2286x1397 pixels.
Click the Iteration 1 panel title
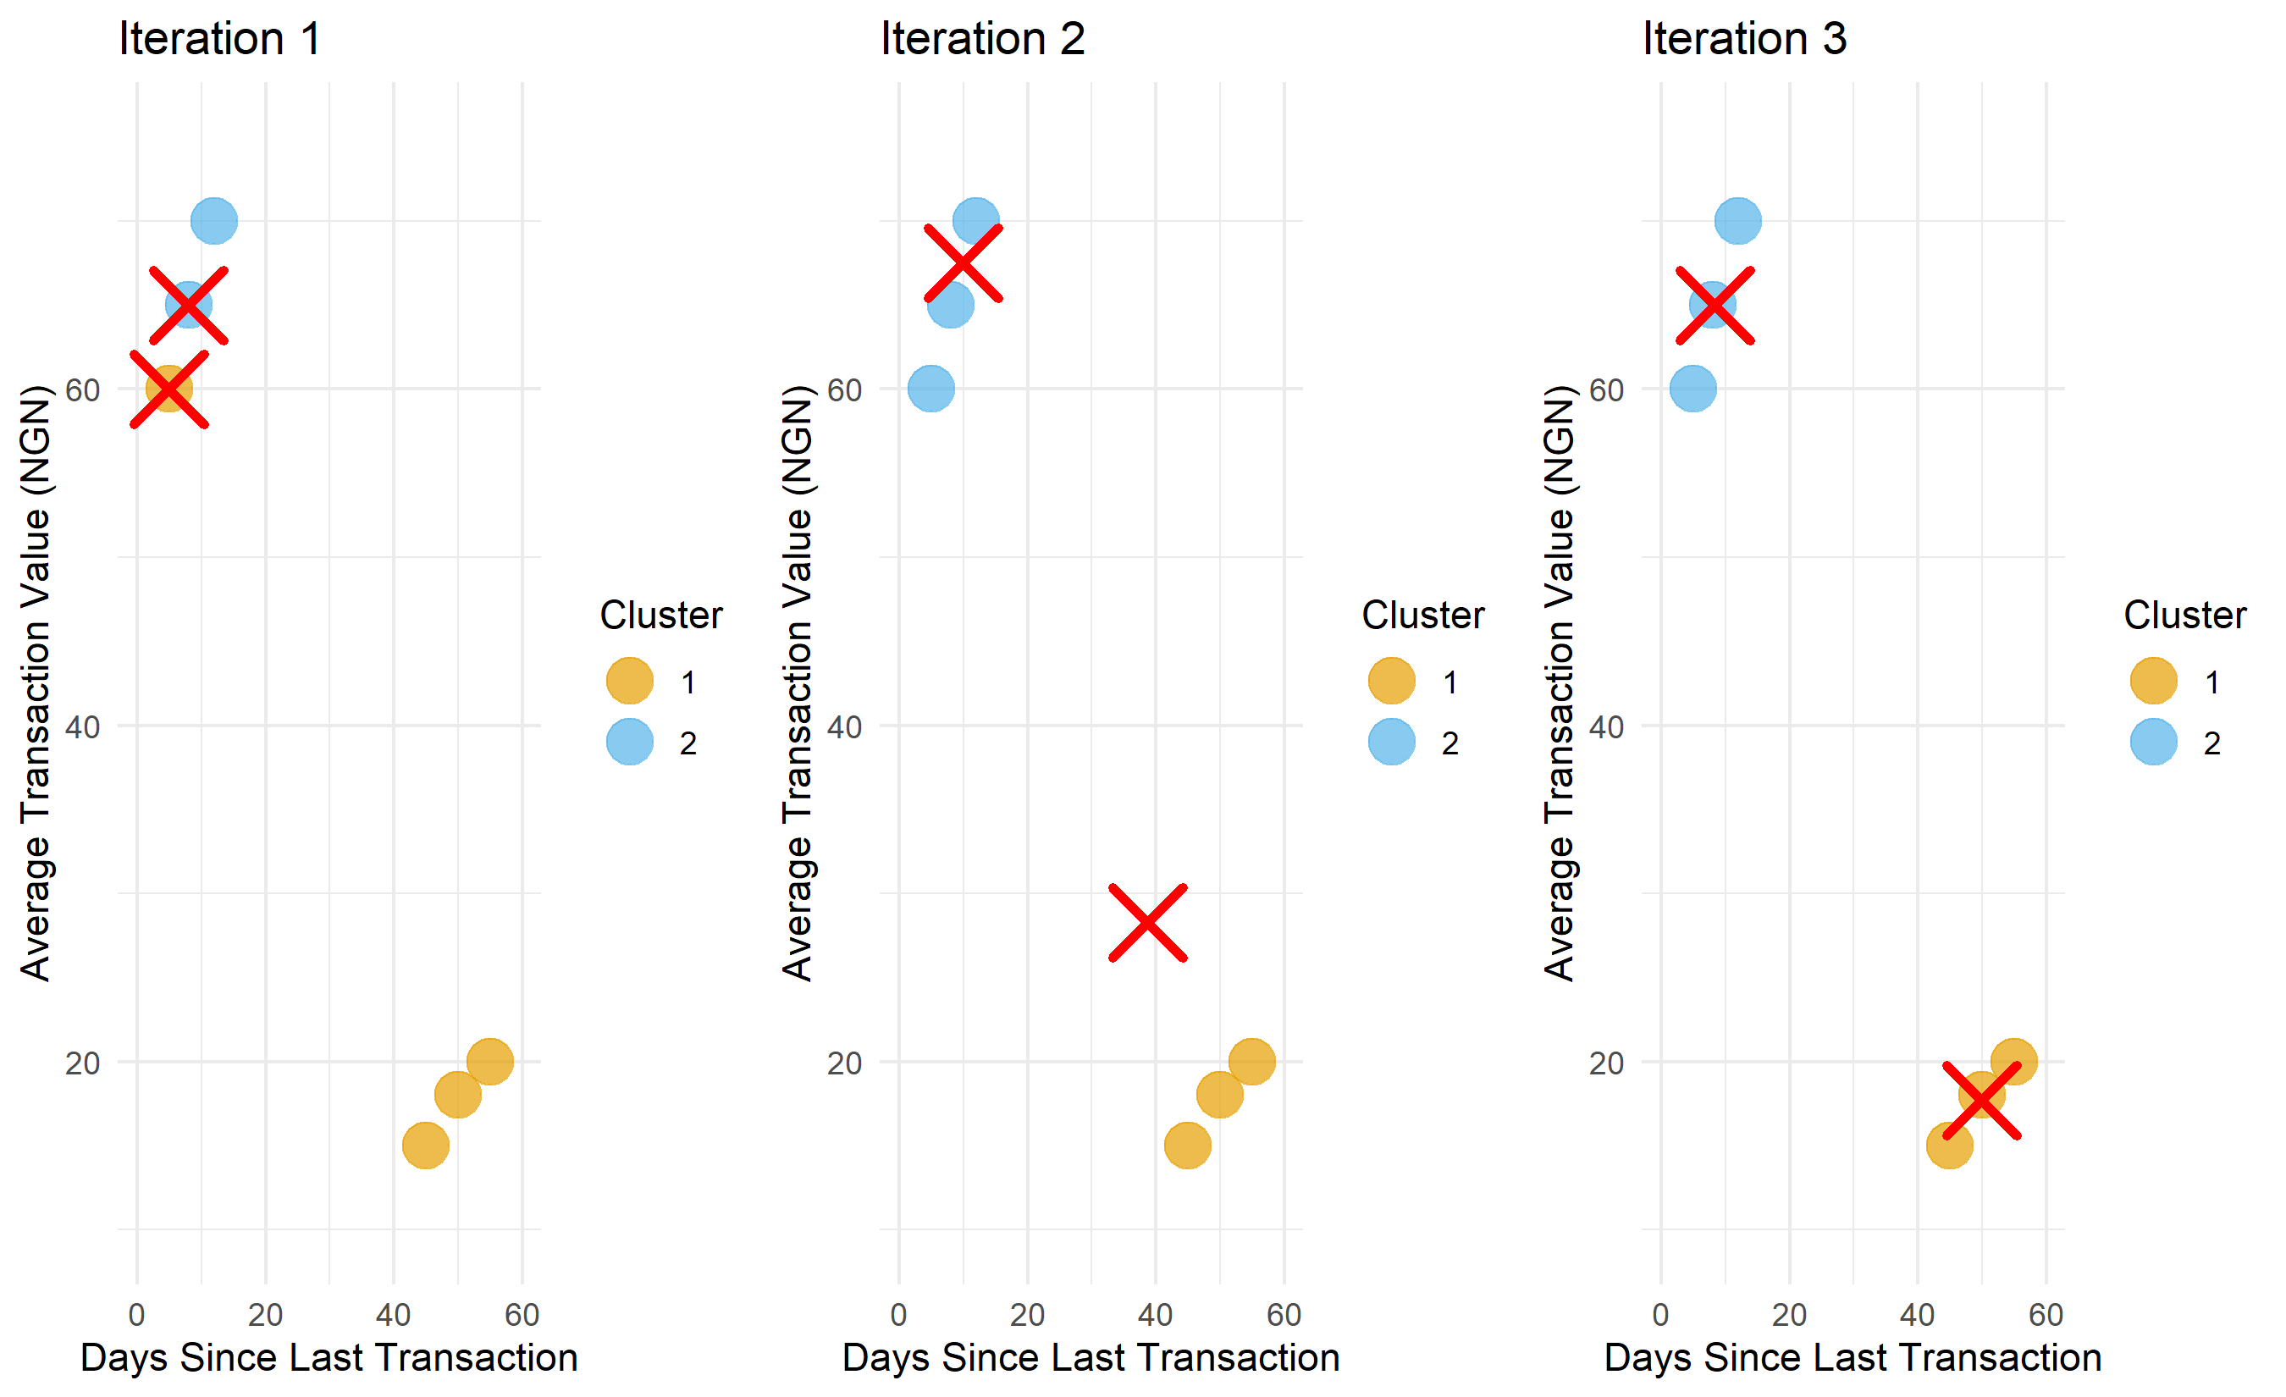tap(220, 39)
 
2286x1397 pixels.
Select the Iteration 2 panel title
tap(982, 39)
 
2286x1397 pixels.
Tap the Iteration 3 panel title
tap(1744, 39)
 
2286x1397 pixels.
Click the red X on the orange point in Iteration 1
tap(168, 389)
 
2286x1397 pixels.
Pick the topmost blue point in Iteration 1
tap(214, 221)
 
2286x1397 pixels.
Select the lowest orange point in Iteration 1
tap(426, 1146)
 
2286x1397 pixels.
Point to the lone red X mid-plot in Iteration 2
tap(1147, 923)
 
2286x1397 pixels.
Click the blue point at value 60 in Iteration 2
tap(931, 389)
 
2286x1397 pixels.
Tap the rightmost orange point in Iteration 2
tap(1251, 1061)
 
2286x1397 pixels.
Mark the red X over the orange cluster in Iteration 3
tap(1982, 1100)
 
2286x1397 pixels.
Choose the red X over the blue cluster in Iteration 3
tap(1715, 305)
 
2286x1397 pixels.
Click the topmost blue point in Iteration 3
tap(1737, 221)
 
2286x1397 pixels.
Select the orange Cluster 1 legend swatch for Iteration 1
tap(630, 681)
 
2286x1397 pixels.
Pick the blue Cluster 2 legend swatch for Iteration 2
tap(1392, 742)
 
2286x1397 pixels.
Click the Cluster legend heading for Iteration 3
tap(2185, 615)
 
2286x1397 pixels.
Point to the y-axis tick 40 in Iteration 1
tap(83, 727)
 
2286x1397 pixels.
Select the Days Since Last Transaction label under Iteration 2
tap(1091, 1358)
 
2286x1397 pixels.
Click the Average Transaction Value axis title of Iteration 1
tap(36, 682)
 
